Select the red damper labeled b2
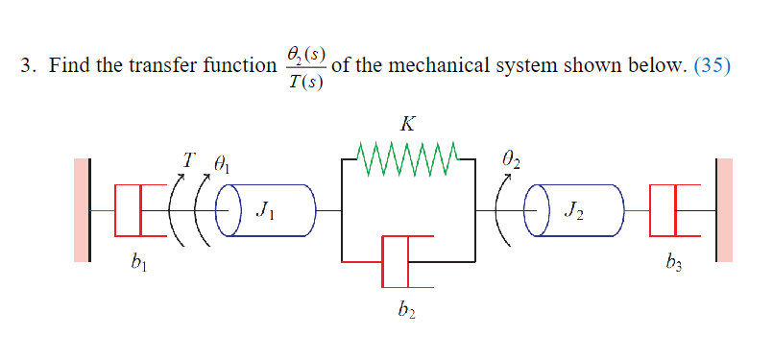tap(396, 260)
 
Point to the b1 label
tap(133, 264)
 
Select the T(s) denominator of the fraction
tap(305, 81)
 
